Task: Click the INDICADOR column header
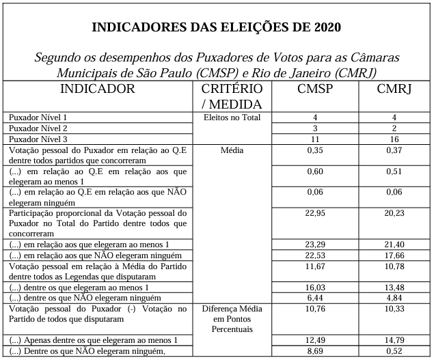(98, 89)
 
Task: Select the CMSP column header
(315, 89)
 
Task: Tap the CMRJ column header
(394, 89)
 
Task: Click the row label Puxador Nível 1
(38, 117)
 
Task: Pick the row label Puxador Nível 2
(38, 128)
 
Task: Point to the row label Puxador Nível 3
(38, 139)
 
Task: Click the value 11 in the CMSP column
(315, 139)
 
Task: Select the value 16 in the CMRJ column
(394, 139)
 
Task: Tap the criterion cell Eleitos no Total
(232, 117)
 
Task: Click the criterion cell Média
(232, 150)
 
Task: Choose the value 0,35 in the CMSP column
(315, 150)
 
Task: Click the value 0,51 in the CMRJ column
(394, 171)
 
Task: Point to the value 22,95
(315, 213)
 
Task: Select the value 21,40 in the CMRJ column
(394, 245)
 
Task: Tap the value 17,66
(394, 255)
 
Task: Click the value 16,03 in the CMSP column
(315, 288)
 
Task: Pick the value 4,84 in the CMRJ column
(394, 298)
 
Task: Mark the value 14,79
(394, 340)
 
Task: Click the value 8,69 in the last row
(315, 351)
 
